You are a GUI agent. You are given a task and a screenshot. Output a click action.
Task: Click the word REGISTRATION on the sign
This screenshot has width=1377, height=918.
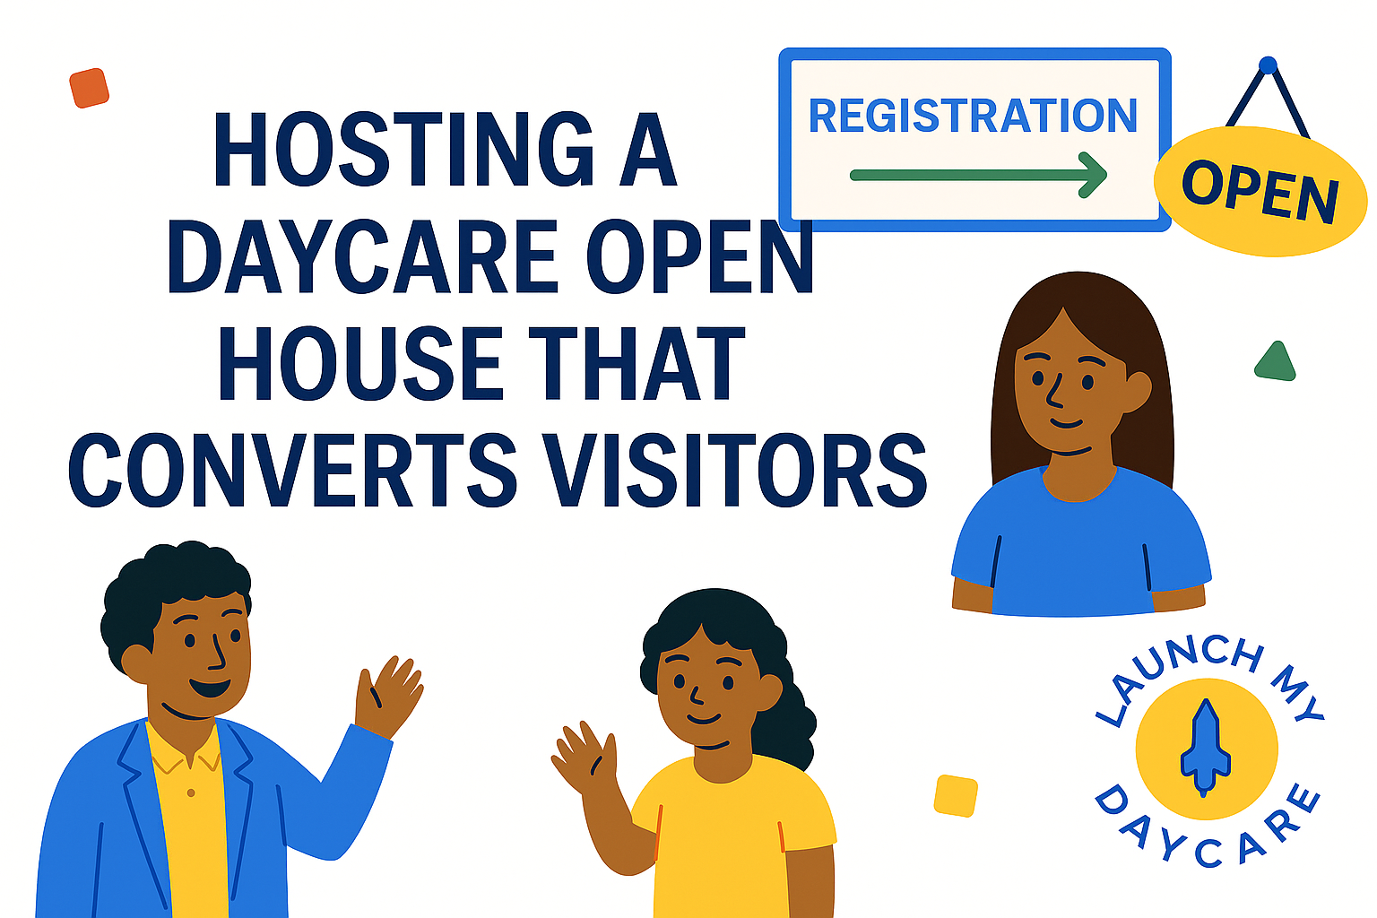(973, 115)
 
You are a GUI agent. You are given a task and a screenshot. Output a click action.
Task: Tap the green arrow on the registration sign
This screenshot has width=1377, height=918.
(978, 175)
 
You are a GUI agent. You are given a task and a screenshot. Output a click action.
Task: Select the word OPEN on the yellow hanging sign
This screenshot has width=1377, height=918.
(1260, 191)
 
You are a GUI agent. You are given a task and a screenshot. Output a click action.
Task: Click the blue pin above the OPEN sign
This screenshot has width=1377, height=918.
(1268, 65)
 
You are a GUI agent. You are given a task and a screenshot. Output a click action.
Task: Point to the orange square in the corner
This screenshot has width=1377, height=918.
(89, 88)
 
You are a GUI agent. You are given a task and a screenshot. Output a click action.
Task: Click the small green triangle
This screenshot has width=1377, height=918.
(1276, 362)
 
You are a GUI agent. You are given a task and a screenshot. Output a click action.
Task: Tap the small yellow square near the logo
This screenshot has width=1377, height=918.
(956, 796)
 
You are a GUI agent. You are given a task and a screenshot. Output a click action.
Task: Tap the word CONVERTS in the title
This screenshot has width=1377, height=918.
(292, 470)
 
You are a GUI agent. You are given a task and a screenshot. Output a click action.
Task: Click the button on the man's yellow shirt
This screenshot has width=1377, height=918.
(191, 793)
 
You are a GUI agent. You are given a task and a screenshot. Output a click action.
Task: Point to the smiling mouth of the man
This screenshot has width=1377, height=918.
(210, 687)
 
